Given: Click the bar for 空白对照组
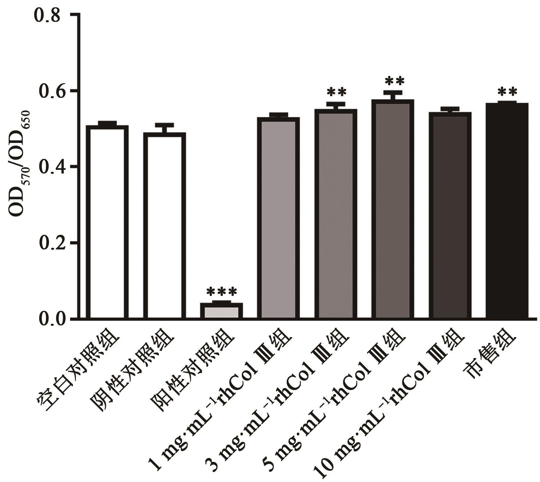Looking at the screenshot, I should pyautogui.click(x=107, y=222).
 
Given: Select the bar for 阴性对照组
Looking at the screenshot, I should pyautogui.click(x=164, y=226).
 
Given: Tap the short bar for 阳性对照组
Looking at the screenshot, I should pyautogui.click(x=221, y=310).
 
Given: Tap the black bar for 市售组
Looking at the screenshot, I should pyautogui.click(x=507, y=211).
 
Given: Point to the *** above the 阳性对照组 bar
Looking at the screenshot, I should pyautogui.click(x=222, y=292).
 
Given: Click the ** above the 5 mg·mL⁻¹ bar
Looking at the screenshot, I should pyautogui.click(x=394, y=81).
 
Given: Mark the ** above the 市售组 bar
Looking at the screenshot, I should pyautogui.click(x=507, y=92).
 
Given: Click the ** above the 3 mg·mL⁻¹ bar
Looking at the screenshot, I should pyautogui.click(x=336, y=92).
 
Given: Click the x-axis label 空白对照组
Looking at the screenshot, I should pyautogui.click(x=78, y=372).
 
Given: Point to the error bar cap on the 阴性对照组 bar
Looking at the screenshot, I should pyautogui.click(x=164, y=125).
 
